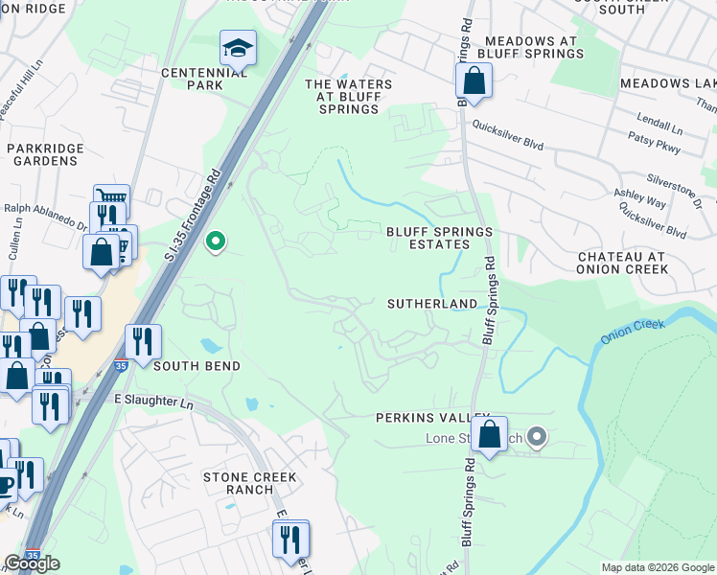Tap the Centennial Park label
pos(192,79)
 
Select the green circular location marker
pos(216,241)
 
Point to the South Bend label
pos(196,366)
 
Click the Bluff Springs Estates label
pos(439,238)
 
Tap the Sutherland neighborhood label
pos(431,304)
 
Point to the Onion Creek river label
pos(633,331)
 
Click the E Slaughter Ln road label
pos(153,401)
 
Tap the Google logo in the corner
pos(32,563)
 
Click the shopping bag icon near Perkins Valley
pos(489,434)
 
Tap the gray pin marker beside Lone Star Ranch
pos(537,438)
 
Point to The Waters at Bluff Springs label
pos(348,97)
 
